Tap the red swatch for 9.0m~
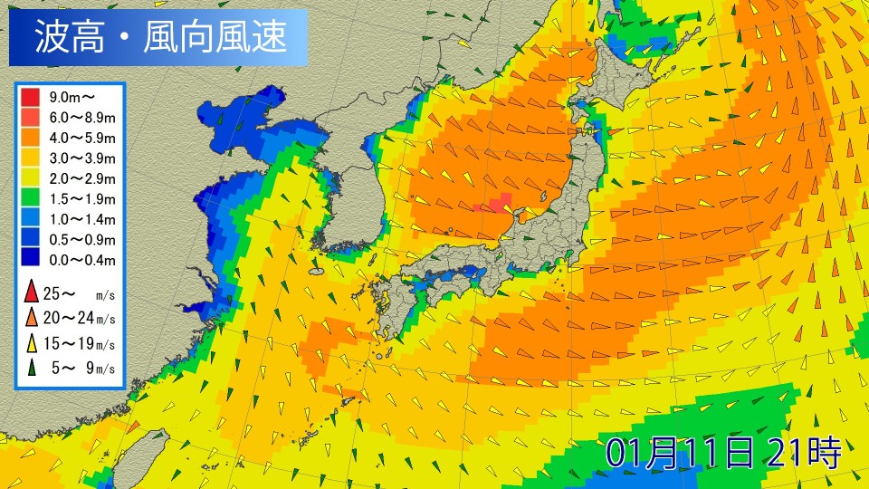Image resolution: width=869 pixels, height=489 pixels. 30,95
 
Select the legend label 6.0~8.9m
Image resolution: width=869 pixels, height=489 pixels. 82,116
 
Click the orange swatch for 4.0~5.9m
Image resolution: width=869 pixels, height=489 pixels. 30,137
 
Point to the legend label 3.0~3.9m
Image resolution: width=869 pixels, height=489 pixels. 82,158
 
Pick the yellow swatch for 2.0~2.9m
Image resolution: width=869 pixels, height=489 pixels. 30,178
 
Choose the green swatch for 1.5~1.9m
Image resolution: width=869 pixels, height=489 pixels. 30,199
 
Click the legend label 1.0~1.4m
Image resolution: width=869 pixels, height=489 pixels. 82,219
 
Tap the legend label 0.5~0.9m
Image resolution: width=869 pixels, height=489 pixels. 82,240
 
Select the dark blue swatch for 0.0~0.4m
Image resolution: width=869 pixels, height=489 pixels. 30,261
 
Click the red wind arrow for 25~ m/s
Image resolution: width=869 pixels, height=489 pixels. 31,292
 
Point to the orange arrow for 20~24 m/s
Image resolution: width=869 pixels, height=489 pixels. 31,317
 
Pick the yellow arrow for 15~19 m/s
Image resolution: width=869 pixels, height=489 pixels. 31,342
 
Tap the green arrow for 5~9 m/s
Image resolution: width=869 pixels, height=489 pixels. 31,367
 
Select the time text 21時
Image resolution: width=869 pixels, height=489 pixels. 804,451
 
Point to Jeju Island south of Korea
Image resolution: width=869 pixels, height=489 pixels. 316,271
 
